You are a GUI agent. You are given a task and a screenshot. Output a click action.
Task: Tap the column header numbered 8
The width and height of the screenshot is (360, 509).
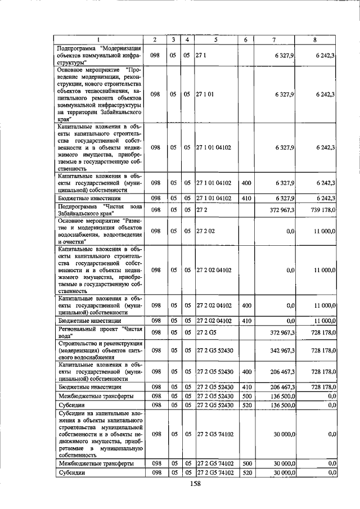tap(316, 39)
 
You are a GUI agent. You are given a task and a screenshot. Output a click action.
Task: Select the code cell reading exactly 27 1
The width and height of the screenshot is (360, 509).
tap(201, 55)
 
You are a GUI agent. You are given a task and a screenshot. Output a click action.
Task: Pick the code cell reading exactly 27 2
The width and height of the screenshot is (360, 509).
tap(201, 209)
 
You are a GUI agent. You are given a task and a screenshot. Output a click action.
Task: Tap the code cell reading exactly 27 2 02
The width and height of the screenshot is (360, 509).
tap(205, 231)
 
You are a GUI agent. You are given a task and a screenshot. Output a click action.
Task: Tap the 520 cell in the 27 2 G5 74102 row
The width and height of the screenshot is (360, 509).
tap(246, 473)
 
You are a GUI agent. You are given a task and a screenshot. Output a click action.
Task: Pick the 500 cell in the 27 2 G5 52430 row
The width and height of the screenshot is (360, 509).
tap(246, 397)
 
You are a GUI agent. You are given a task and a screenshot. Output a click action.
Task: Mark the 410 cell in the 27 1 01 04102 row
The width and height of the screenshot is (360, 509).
tap(246, 198)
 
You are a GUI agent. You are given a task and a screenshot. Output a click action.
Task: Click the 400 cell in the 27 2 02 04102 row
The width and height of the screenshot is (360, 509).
tap(246, 305)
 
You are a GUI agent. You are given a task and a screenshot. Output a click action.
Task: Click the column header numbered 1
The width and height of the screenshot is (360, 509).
tap(98, 39)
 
